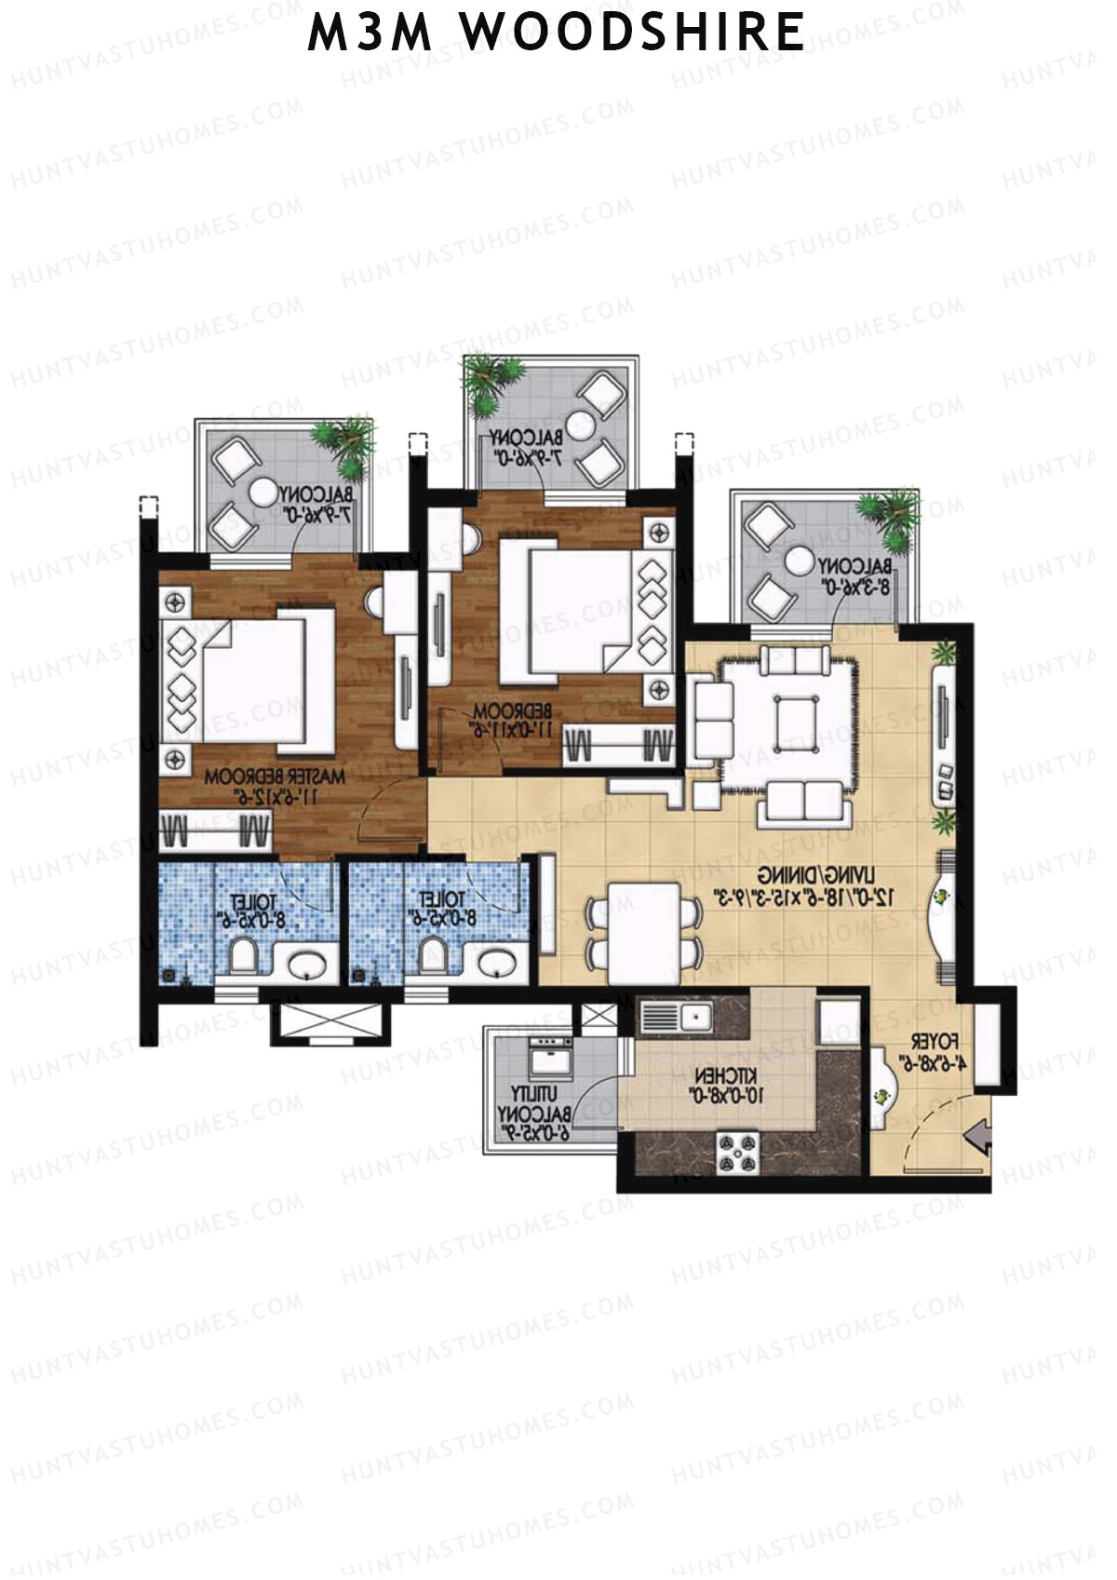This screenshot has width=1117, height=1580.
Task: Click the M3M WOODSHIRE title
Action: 557,32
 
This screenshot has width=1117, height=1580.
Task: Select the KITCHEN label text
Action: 720,1090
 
